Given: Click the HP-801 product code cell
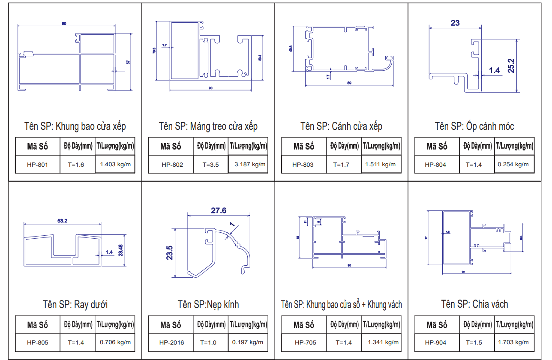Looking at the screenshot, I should pos(37,165).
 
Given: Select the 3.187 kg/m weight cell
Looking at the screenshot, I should pos(250,164).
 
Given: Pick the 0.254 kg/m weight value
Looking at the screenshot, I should pos(513,164).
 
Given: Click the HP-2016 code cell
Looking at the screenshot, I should pos(171,342).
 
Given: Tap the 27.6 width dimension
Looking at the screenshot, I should pos(219,210).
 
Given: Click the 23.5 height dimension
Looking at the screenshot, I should pos(169,253).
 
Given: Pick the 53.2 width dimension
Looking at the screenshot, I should pos(62,221).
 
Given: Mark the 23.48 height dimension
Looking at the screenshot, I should pos(120,250).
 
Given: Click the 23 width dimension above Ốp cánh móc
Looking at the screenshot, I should pos(455,23).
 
